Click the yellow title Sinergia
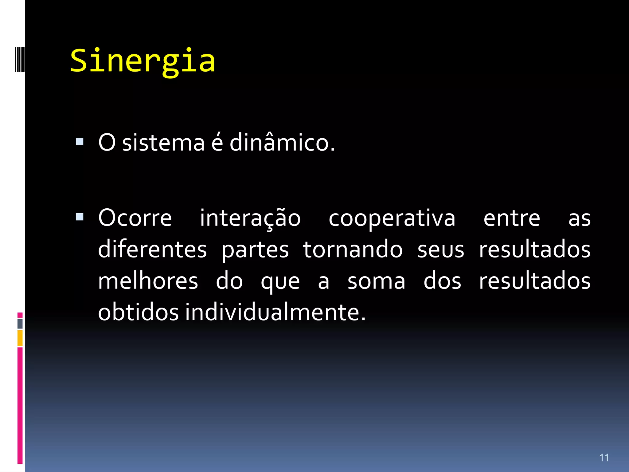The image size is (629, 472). tap(143, 61)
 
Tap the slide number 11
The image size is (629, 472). tap(604, 458)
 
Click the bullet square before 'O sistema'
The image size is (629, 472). tap(80, 141)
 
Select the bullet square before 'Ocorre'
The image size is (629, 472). tap(80, 217)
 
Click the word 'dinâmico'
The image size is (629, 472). tap(282, 143)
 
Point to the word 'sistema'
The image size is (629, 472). tap(163, 143)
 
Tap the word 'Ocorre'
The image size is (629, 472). tap(135, 218)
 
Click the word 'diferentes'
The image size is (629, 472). tap(152, 249)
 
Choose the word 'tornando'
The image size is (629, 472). tap(353, 249)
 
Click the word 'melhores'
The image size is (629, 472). tap(148, 281)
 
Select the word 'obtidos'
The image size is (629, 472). tap(138, 312)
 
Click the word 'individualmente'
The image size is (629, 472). tap(275, 312)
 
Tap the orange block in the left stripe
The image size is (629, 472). tap(20, 338)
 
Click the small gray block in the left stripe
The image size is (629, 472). tap(20, 324)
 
